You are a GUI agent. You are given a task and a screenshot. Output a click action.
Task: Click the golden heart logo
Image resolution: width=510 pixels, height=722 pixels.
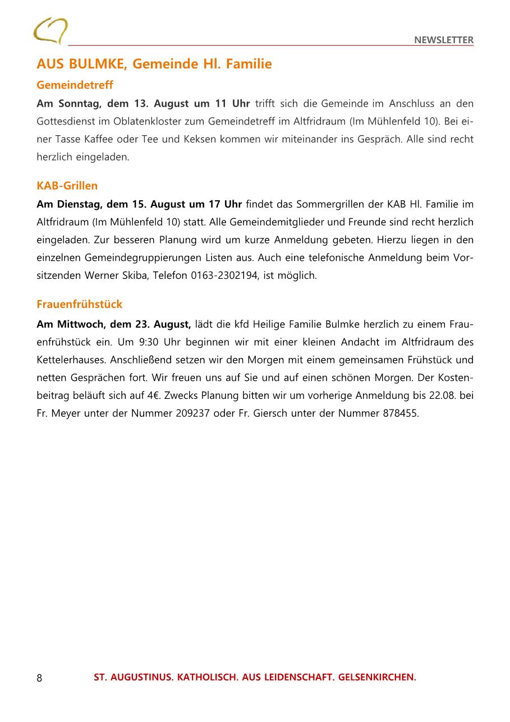(50, 31)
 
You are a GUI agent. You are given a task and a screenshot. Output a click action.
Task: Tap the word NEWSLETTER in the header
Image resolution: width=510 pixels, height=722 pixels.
(444, 40)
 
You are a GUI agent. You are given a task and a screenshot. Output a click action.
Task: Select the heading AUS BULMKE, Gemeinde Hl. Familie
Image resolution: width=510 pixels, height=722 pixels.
(154, 64)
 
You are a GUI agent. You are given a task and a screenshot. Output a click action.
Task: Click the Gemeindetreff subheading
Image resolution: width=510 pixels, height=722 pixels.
(75, 85)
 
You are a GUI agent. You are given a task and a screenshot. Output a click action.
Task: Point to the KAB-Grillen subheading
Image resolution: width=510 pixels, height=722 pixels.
(67, 186)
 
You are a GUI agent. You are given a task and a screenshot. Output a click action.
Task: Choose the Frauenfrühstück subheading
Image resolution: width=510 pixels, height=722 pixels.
(79, 304)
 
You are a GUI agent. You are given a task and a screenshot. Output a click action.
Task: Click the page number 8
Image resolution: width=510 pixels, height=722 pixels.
(39, 678)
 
